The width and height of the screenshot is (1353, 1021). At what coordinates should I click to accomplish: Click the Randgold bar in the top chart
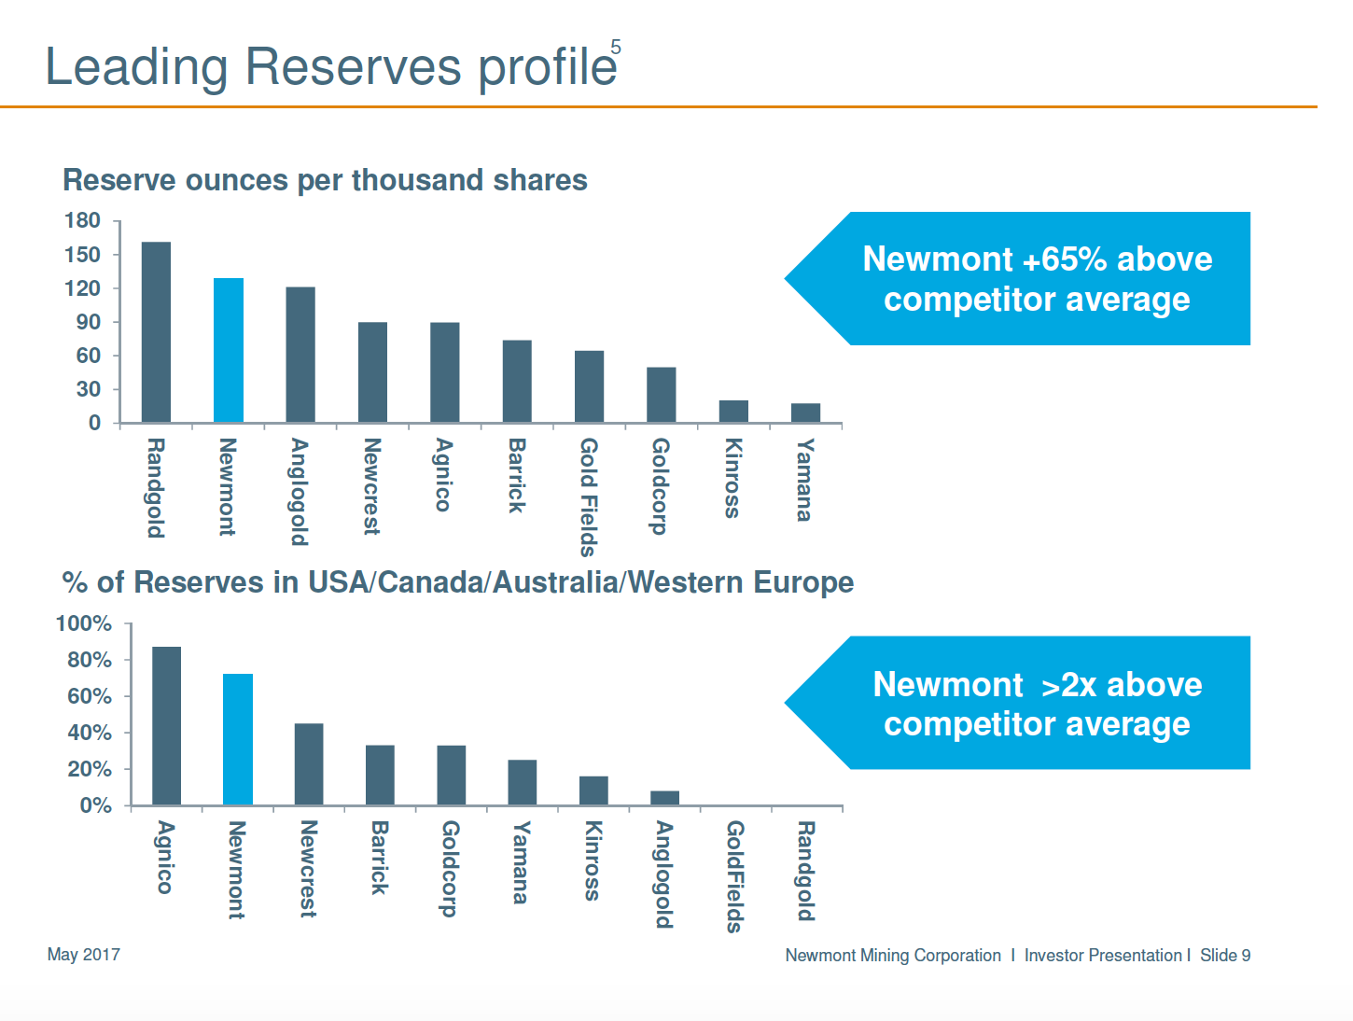point(156,332)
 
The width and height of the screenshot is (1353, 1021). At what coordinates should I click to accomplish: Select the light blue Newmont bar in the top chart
point(229,350)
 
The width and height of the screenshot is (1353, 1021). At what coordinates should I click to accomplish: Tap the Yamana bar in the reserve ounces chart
point(805,413)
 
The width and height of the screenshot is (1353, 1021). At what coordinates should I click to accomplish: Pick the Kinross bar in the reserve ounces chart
point(733,412)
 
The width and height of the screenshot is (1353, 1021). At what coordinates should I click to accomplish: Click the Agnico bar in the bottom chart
point(166,725)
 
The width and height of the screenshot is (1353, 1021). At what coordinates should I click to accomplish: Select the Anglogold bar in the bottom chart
point(664,798)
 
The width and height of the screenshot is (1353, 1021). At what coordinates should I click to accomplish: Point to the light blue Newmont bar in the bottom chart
point(238,739)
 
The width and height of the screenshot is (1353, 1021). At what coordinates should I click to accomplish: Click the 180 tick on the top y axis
point(82,221)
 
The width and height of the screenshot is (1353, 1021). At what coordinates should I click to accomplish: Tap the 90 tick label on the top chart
point(89,322)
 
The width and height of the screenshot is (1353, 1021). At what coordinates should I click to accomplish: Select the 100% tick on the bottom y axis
point(84,623)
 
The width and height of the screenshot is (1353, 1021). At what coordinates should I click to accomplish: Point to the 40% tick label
point(90,733)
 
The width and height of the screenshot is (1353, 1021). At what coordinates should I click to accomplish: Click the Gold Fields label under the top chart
point(589,497)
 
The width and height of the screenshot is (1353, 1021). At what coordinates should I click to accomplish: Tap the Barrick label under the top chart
point(517,475)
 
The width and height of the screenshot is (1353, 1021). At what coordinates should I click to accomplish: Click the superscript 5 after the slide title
point(616,47)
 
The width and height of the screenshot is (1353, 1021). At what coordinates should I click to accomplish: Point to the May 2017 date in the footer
point(84,954)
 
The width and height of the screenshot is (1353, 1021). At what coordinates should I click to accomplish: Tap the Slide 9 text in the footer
point(1225,955)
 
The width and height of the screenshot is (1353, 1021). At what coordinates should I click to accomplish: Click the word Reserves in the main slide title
point(353,67)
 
